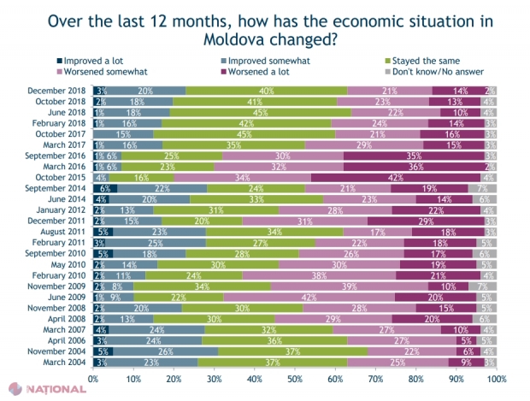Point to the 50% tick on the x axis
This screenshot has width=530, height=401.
(x=293, y=377)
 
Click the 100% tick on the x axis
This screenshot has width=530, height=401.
(x=496, y=377)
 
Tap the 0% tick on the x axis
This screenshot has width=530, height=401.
(x=91, y=377)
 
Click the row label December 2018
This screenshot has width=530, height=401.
(x=55, y=90)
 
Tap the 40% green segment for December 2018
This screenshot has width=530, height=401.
(x=267, y=90)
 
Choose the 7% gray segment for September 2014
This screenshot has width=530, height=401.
(x=483, y=188)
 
